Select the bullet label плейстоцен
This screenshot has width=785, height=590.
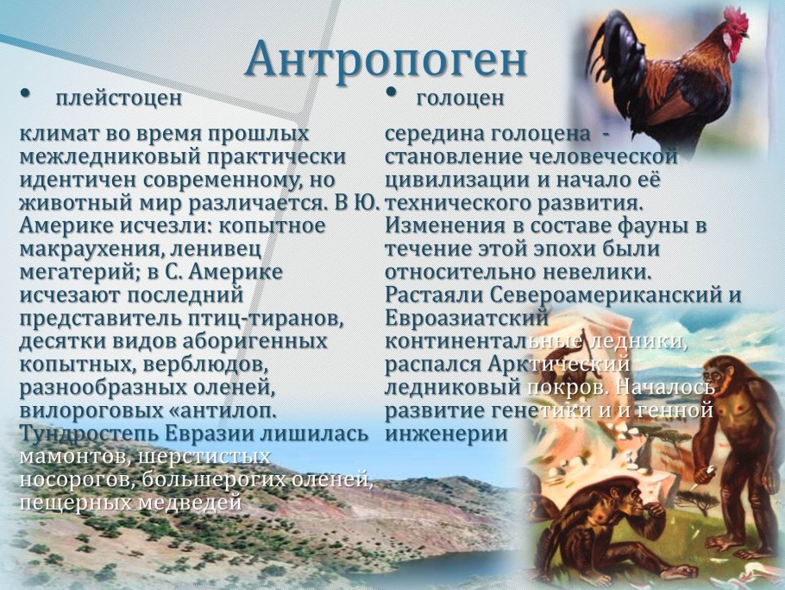(x=119, y=98)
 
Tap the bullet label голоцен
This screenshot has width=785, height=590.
(x=460, y=98)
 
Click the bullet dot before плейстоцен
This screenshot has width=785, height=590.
(x=25, y=93)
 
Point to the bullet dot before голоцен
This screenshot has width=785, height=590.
(x=391, y=92)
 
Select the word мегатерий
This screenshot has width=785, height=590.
(x=79, y=273)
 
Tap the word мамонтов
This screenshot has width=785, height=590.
(x=74, y=457)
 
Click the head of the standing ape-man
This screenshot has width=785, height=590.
(x=719, y=374)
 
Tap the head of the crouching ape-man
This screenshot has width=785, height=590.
(x=625, y=496)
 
